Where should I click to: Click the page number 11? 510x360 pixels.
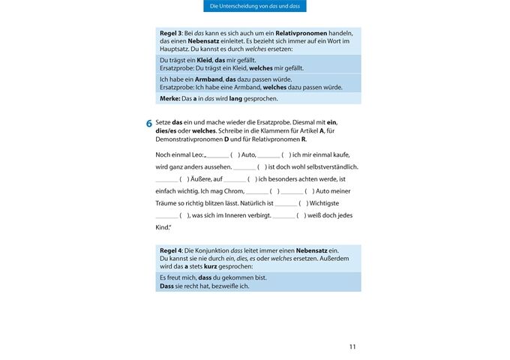(352, 346)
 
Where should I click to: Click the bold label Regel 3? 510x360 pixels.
(171, 34)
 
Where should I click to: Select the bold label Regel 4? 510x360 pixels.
(171, 250)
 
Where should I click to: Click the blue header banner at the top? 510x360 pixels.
(255, 7)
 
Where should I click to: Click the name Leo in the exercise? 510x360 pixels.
(196, 154)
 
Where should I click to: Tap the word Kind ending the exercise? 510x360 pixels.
(163, 226)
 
